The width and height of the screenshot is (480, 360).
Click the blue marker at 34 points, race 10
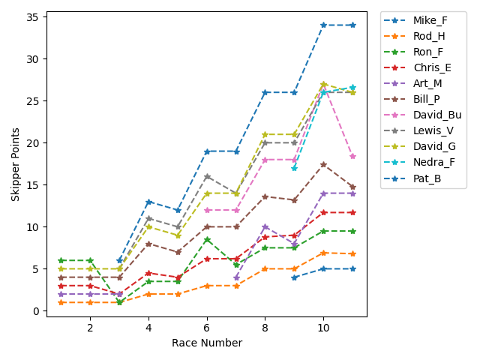point(323,25)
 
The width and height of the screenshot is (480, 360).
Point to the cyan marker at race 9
point(295,168)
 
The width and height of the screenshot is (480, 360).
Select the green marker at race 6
point(207,239)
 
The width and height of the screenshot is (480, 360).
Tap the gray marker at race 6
point(207,176)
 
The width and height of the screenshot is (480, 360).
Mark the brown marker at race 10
point(323,164)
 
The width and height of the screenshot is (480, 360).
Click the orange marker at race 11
point(352,253)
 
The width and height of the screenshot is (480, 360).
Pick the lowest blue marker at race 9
point(295,277)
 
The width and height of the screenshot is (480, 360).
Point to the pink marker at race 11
point(352,156)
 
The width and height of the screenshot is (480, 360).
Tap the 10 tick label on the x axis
point(323,328)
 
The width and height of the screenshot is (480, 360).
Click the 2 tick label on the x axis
point(90,328)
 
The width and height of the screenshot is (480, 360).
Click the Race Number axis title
point(207,343)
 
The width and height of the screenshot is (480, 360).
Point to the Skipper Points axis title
point(15,163)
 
